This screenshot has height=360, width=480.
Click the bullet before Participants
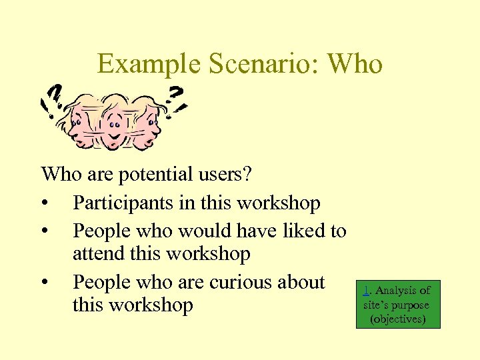click(x=44, y=203)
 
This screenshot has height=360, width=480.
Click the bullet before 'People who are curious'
click(x=44, y=282)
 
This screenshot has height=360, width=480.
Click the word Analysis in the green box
click(x=397, y=290)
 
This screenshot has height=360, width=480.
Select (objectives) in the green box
click(x=397, y=319)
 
